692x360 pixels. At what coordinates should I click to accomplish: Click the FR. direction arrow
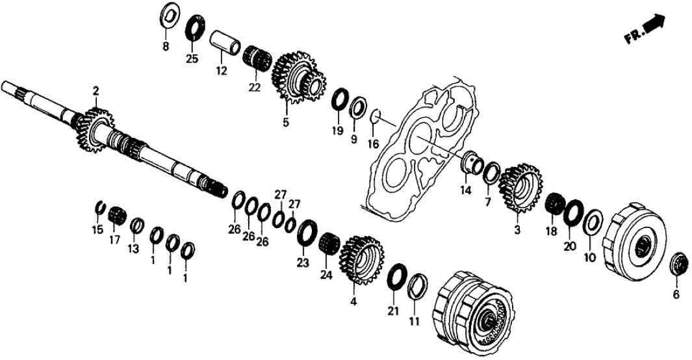pyautogui.click(x=654, y=27)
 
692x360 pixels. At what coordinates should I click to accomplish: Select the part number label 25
pyautogui.click(x=192, y=59)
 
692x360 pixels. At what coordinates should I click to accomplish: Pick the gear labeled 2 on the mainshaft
pyautogui.click(x=96, y=130)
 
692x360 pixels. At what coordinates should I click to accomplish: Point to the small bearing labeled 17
pyautogui.click(x=117, y=214)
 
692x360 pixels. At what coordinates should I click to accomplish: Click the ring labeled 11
pyautogui.click(x=417, y=286)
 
